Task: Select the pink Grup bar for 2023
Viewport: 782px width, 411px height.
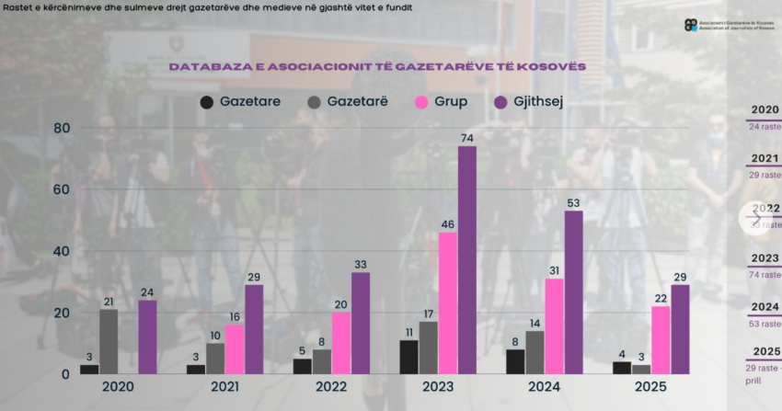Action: pyautogui.click(x=447, y=303)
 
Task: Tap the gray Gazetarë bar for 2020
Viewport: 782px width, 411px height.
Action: pyautogui.click(x=109, y=341)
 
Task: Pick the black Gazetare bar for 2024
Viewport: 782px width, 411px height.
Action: pyautogui.click(x=515, y=361)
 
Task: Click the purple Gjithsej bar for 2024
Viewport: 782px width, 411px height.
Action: pyautogui.click(x=573, y=292)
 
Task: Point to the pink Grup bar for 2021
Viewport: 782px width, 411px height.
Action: pyautogui.click(x=235, y=349)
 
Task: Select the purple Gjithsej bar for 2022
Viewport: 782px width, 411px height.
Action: pyautogui.click(x=361, y=323)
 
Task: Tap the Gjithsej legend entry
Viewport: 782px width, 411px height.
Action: pyautogui.click(x=529, y=101)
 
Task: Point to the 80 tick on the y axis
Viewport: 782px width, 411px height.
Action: pyautogui.click(x=61, y=128)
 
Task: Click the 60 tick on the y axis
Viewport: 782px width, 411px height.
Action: pyautogui.click(x=61, y=189)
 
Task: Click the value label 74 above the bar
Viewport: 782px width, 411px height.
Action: pyautogui.click(x=467, y=138)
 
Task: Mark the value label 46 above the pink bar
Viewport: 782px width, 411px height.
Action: pyautogui.click(x=447, y=224)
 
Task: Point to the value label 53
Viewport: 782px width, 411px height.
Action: pyautogui.click(x=574, y=202)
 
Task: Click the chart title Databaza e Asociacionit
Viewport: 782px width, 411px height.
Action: pyautogui.click(x=377, y=67)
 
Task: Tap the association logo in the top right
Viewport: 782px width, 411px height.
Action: pyautogui.click(x=691, y=25)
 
